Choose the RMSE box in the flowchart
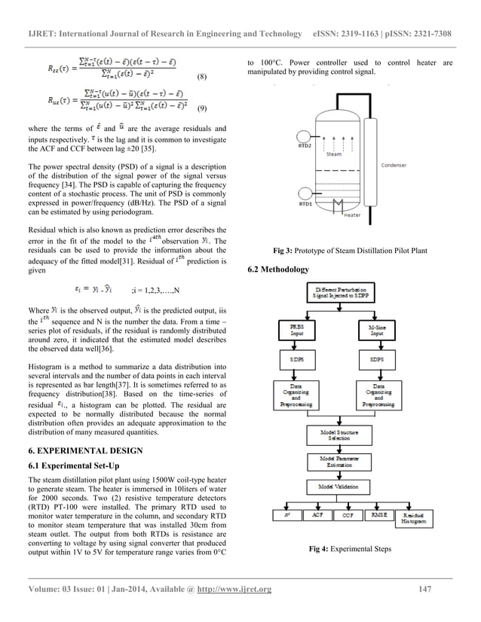(x=377, y=516)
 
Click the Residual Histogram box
(x=416, y=519)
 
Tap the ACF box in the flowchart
(x=317, y=516)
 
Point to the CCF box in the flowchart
(x=347, y=516)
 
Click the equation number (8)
(x=201, y=77)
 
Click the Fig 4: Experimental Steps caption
(x=350, y=549)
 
